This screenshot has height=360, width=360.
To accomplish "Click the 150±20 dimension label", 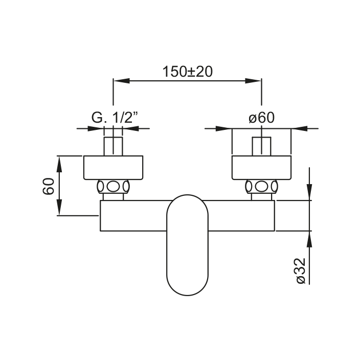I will click(187, 72).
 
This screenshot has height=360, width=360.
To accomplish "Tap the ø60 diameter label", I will click(261, 118).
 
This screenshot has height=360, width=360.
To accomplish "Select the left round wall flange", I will click(113, 167).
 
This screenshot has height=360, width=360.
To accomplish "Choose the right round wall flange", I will click(262, 167).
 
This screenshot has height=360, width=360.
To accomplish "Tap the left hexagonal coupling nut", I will click(113, 187).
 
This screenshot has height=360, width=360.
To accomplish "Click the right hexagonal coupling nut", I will click(262, 187).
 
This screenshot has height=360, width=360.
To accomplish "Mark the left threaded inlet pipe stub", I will click(113, 146).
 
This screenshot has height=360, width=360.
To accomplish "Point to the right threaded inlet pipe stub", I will click(262, 146).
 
